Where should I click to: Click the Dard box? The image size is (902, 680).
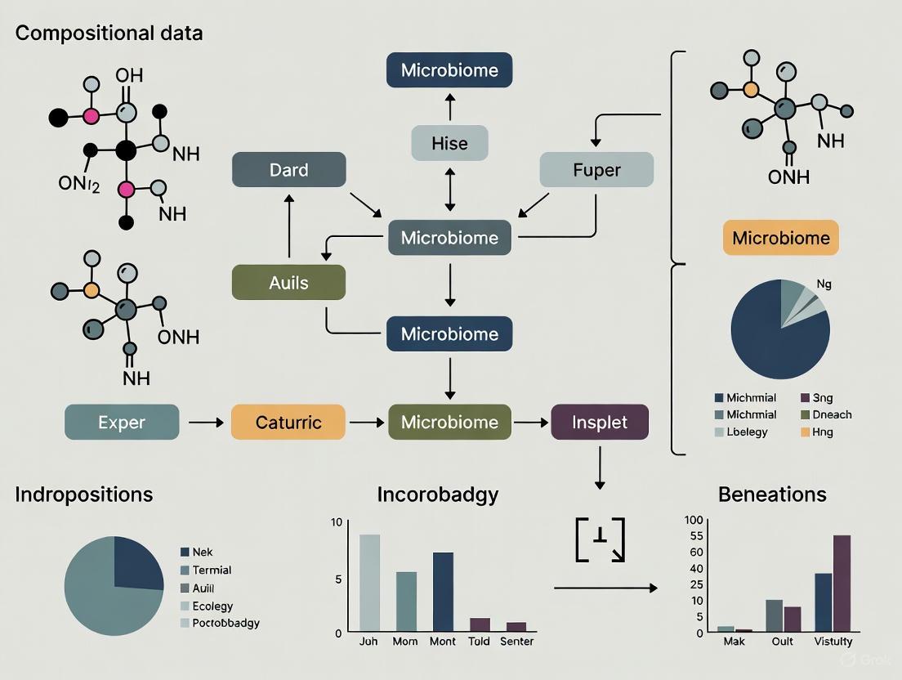pyautogui.click(x=289, y=170)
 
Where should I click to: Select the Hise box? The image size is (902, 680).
pyautogui.click(x=449, y=143)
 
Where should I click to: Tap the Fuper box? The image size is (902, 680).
pyautogui.click(x=596, y=170)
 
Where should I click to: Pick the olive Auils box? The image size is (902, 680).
pyautogui.click(x=289, y=283)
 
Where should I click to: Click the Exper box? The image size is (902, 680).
pyautogui.click(x=122, y=423)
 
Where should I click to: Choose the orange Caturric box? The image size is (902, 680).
pyautogui.click(x=288, y=423)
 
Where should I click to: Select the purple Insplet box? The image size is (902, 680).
pyautogui.click(x=601, y=423)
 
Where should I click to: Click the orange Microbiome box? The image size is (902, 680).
pyautogui.click(x=781, y=238)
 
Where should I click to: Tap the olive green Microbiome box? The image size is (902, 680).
pyautogui.click(x=449, y=423)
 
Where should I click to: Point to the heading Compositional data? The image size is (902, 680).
pyautogui.click(x=109, y=34)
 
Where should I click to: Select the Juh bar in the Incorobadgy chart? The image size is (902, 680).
pyautogui.click(x=369, y=583)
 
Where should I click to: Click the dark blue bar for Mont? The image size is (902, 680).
pyautogui.click(x=443, y=592)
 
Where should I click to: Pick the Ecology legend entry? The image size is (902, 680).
pyautogui.click(x=212, y=606)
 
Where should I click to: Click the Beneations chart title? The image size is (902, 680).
pyautogui.click(x=772, y=494)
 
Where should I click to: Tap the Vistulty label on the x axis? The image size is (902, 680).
pyautogui.click(x=833, y=642)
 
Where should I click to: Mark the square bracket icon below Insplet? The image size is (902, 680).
pyautogui.click(x=600, y=539)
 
